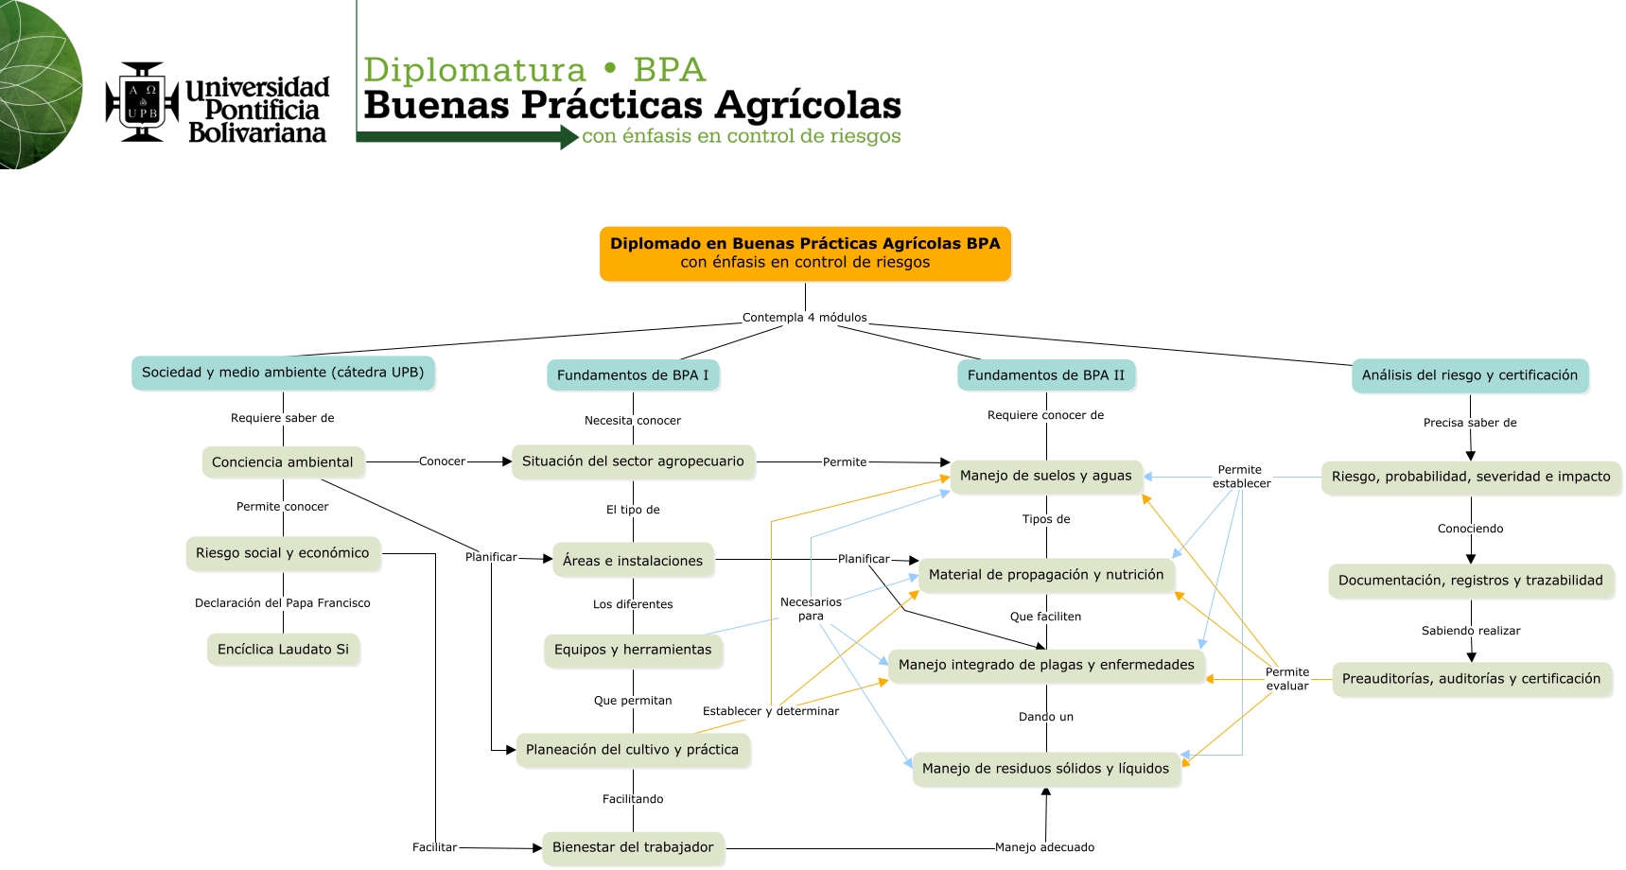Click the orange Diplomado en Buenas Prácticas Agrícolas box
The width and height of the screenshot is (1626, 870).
(805, 253)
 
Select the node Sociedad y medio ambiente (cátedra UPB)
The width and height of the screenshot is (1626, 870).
(283, 373)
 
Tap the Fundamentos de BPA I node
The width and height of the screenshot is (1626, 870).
(633, 375)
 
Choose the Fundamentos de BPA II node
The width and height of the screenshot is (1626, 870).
(1046, 375)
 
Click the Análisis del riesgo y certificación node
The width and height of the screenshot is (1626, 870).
(1469, 375)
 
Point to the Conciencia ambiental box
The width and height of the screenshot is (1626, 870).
(283, 462)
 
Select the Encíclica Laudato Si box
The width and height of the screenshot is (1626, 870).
(283, 650)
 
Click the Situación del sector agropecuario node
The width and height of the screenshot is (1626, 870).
(633, 461)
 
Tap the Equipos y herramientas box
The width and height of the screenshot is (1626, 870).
(633, 650)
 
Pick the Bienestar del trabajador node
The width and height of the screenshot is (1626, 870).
(633, 847)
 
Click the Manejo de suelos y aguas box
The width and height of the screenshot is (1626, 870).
(1045, 476)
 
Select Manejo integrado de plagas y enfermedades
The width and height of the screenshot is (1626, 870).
(1046, 665)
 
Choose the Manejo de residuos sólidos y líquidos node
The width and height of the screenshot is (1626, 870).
(1045, 769)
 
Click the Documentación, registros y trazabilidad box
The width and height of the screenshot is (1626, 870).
(1470, 581)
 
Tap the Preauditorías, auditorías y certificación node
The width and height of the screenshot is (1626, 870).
(1471, 679)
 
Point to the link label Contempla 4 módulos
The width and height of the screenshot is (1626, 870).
(804, 318)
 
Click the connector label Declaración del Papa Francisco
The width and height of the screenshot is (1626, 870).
(283, 603)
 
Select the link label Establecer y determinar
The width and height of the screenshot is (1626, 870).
(770, 711)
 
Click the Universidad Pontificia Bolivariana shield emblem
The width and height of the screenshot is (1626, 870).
(142, 102)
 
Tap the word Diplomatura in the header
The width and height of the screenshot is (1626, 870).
(475, 70)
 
